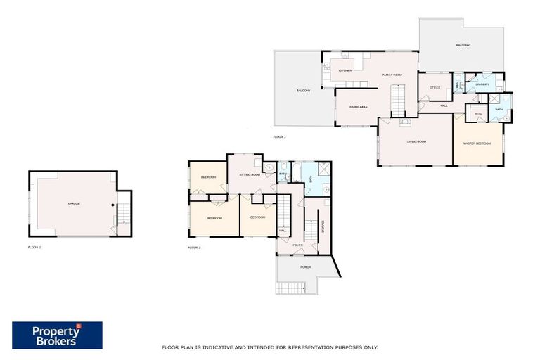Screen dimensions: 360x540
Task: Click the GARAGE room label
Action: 74,204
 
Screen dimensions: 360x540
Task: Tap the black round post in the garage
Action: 113,205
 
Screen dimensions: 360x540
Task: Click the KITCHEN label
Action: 345,70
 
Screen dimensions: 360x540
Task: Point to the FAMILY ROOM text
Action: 392,75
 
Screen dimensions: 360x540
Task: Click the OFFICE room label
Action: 435,88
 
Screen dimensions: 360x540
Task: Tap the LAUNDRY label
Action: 482,84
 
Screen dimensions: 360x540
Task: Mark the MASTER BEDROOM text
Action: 477,143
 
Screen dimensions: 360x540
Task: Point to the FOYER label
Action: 297,245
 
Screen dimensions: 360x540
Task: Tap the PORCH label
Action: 305,267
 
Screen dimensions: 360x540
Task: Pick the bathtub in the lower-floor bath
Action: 310,180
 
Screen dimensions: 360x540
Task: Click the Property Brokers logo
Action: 57,335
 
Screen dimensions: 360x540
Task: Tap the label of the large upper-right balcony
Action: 462,46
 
